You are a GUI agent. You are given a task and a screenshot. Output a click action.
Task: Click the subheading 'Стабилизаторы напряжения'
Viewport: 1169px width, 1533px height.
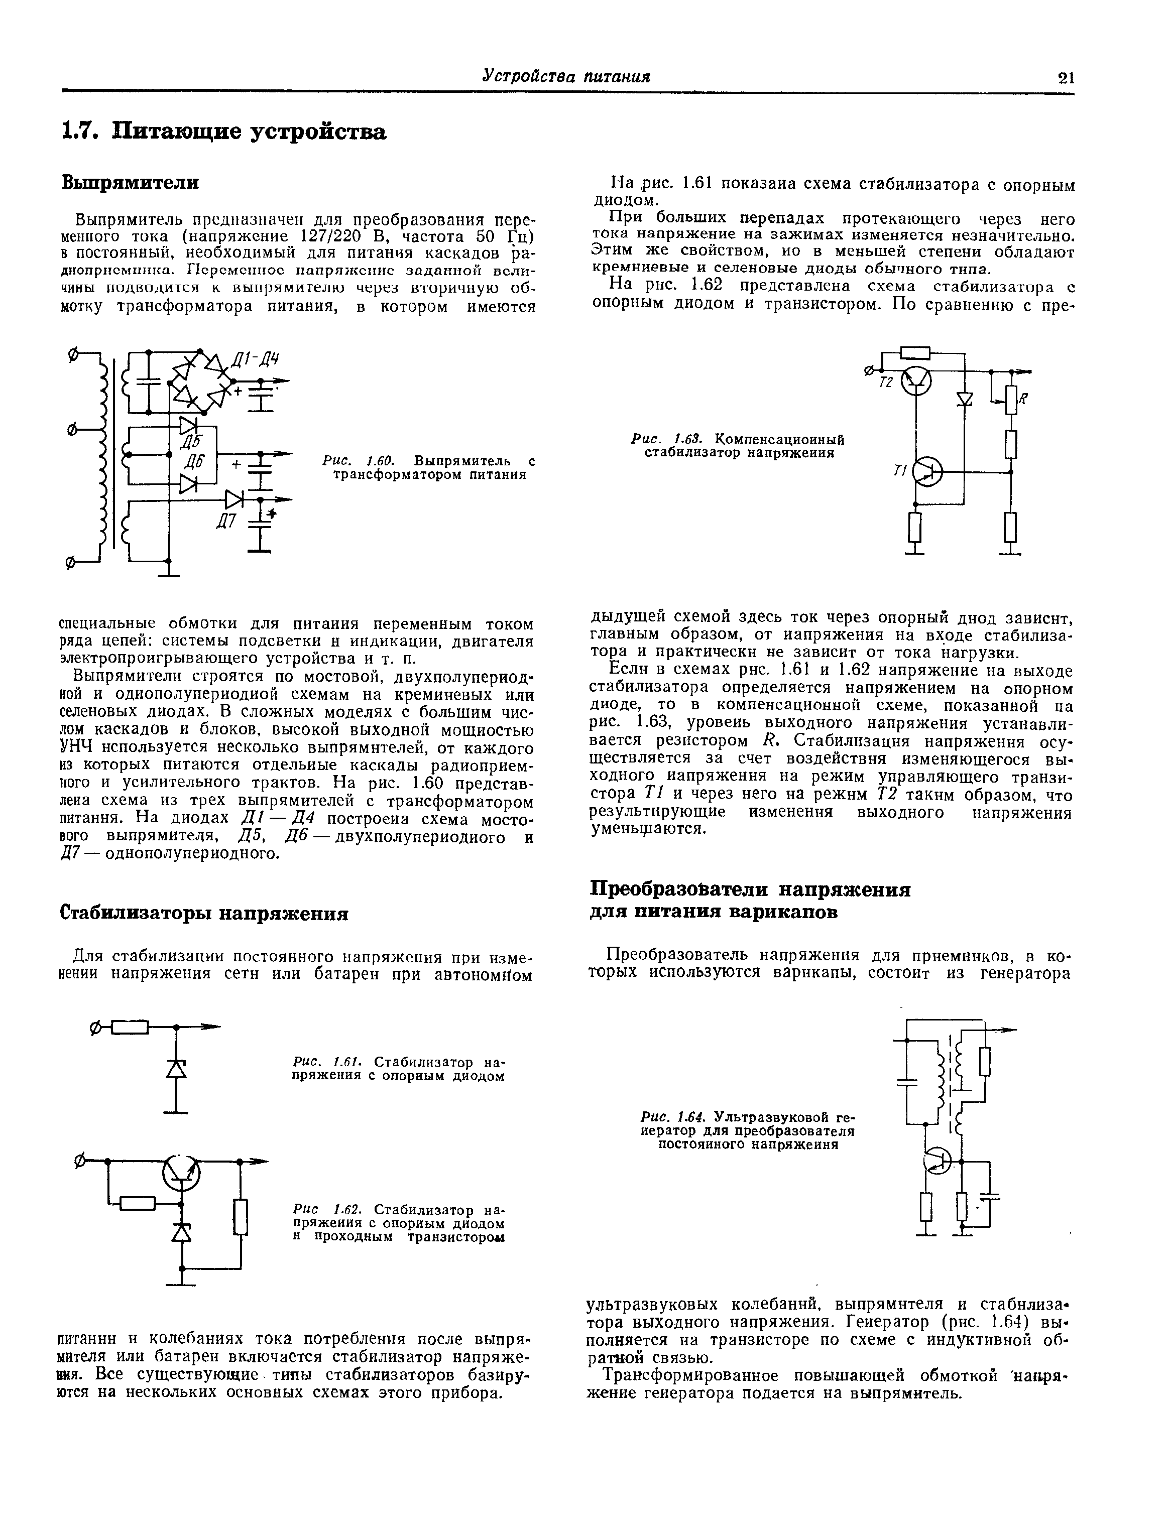[204, 913]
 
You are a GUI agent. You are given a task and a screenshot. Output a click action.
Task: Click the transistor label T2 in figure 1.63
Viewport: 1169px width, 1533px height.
[886, 384]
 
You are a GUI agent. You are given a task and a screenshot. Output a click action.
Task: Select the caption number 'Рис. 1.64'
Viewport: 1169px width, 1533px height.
[673, 1118]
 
